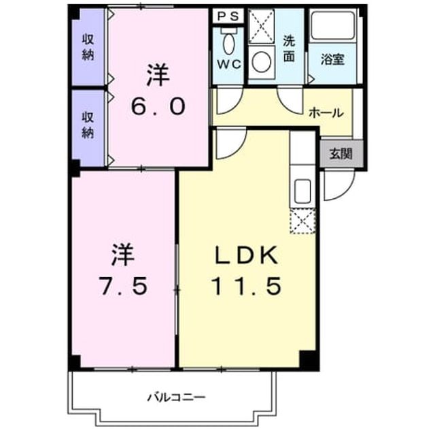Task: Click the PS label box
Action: pyautogui.click(x=228, y=16)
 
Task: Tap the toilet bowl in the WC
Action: pyautogui.click(x=228, y=44)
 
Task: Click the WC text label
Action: pyautogui.click(x=228, y=65)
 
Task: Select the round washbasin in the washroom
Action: pyautogui.click(x=262, y=62)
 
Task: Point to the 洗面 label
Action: pyautogui.click(x=289, y=49)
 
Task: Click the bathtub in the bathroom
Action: pyautogui.click(x=333, y=25)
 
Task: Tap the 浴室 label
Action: pyautogui.click(x=332, y=59)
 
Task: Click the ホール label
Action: pyautogui.click(x=326, y=113)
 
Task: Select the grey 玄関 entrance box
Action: pyautogui.click(x=341, y=154)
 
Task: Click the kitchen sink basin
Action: pyautogui.click(x=302, y=191)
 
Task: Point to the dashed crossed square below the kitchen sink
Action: pyautogui.click(x=302, y=221)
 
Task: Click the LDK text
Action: pyautogui.click(x=246, y=255)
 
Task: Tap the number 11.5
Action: pyautogui.click(x=246, y=286)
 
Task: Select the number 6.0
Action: pyautogui.click(x=158, y=106)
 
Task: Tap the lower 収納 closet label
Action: pyautogui.click(x=88, y=125)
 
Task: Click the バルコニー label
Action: pyautogui.click(x=177, y=397)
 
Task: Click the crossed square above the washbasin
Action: pyautogui.click(x=261, y=27)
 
